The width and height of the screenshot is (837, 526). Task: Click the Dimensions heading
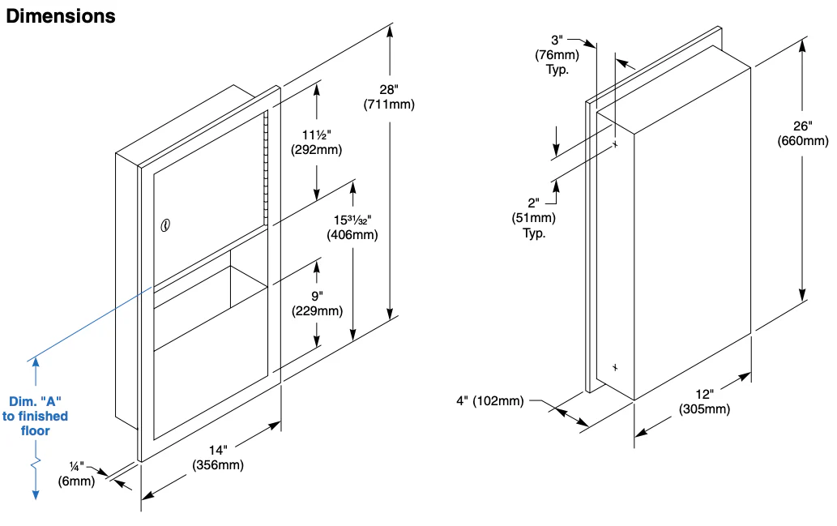click(61, 16)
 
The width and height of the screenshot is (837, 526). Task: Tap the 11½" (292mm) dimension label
click(318, 141)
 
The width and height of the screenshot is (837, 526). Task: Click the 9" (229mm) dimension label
click(317, 303)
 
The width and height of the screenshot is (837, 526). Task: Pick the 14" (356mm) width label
click(217, 458)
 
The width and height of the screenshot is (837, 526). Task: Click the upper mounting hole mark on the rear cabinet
click(616, 145)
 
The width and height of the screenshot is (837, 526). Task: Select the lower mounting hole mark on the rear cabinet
click(615, 367)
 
